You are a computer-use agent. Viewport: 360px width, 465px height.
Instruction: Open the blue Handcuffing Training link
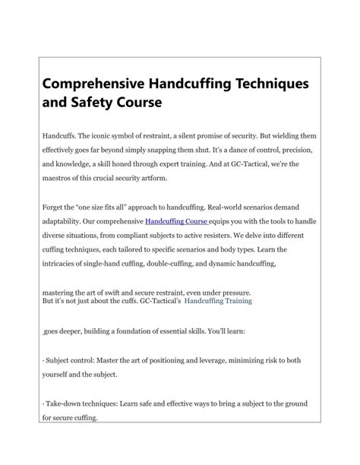(x=219, y=301)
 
